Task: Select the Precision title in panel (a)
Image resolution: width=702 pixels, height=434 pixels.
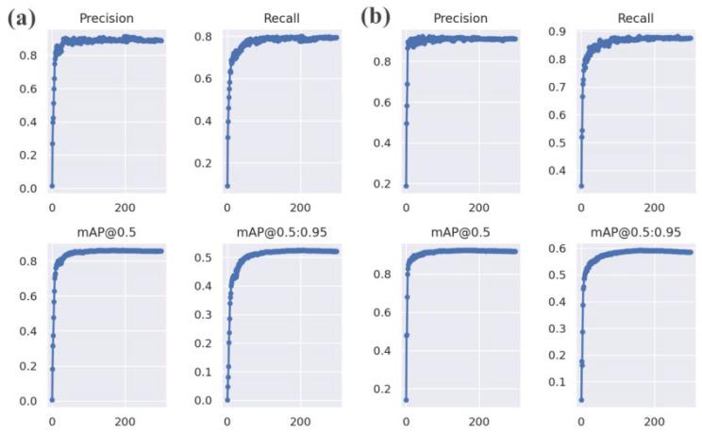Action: (x=107, y=18)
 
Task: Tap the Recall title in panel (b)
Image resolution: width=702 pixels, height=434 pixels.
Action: (x=634, y=18)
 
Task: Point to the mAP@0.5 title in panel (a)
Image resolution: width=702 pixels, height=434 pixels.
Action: (x=107, y=231)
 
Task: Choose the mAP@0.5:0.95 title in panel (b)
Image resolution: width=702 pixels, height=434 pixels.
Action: (x=634, y=231)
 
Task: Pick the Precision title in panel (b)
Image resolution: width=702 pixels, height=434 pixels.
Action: (x=460, y=18)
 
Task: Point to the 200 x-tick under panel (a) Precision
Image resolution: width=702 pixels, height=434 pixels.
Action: (x=124, y=206)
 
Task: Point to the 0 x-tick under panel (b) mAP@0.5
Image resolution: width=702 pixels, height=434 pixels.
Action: (x=406, y=420)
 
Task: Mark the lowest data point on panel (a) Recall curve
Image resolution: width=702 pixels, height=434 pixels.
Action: (x=227, y=186)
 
